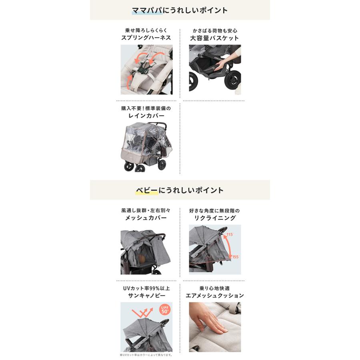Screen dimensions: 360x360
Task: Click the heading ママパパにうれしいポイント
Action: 180,10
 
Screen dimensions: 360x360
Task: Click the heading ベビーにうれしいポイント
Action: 180,190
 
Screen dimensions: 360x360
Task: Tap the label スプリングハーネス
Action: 146,38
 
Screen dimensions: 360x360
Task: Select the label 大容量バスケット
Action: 214,38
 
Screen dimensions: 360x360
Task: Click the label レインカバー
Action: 146,116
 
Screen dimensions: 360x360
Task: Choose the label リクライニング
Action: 215,218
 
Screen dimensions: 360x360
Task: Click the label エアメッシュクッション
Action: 215,296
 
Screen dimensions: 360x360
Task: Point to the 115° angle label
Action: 230,235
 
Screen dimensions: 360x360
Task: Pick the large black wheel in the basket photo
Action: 232,80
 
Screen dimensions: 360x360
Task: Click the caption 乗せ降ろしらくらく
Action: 146,30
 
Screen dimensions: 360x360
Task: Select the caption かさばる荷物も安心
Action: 214,30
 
